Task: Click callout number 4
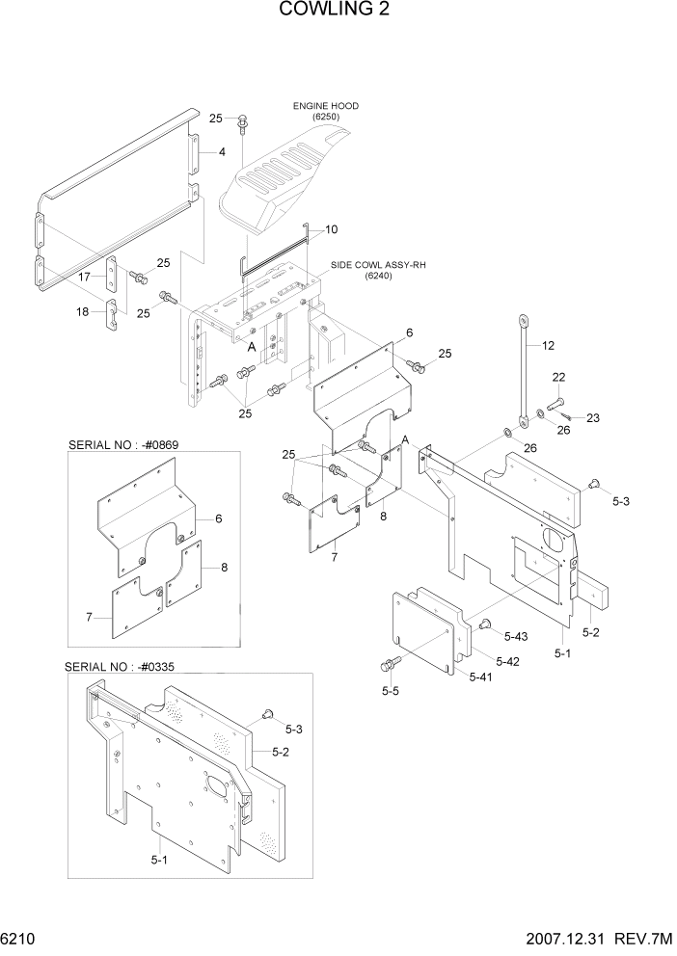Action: coord(221,151)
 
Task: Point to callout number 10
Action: coord(331,230)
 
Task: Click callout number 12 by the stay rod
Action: coord(549,345)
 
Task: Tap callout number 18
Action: coord(83,311)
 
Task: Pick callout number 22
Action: coord(558,377)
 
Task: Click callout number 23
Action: coord(592,417)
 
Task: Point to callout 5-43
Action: coord(515,637)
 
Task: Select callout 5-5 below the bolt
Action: coord(391,691)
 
